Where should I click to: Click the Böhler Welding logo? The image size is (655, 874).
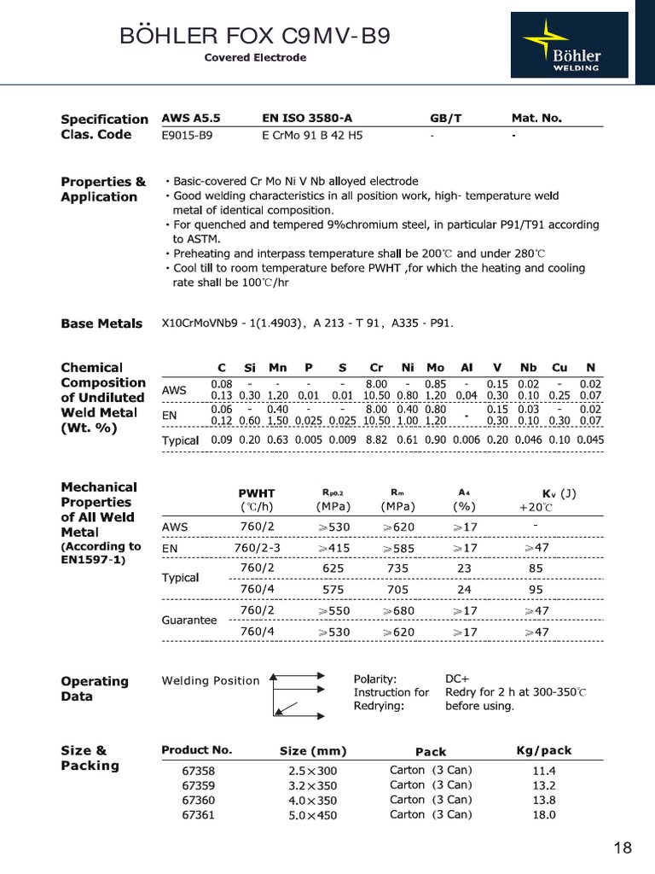pyautogui.click(x=569, y=44)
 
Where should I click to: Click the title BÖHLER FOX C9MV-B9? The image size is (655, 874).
pyautogui.click(x=256, y=36)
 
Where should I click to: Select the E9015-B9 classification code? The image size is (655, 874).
pyautogui.click(x=187, y=135)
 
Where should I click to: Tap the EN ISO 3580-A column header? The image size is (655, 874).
pyautogui.click(x=305, y=119)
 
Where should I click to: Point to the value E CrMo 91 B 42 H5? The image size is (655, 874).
pyautogui.click(x=313, y=135)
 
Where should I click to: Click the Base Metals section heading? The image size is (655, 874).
pyautogui.click(x=101, y=323)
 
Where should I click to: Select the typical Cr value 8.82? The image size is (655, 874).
pyautogui.click(x=376, y=440)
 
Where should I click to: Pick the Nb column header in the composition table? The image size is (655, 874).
pyautogui.click(x=528, y=367)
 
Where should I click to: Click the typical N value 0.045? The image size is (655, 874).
pyautogui.click(x=590, y=440)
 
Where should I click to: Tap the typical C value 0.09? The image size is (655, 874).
pyautogui.click(x=222, y=440)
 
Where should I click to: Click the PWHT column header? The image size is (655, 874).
pyautogui.click(x=257, y=493)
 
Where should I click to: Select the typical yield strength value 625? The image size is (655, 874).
pyautogui.click(x=333, y=567)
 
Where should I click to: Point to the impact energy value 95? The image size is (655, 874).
pyautogui.click(x=536, y=588)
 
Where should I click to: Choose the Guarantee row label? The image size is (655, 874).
pyautogui.click(x=188, y=621)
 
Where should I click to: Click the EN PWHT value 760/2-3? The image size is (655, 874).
pyautogui.click(x=257, y=547)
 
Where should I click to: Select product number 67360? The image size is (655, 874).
pyautogui.click(x=199, y=800)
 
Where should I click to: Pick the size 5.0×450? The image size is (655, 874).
pyautogui.click(x=313, y=815)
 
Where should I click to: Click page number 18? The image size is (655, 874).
pyautogui.click(x=623, y=848)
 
